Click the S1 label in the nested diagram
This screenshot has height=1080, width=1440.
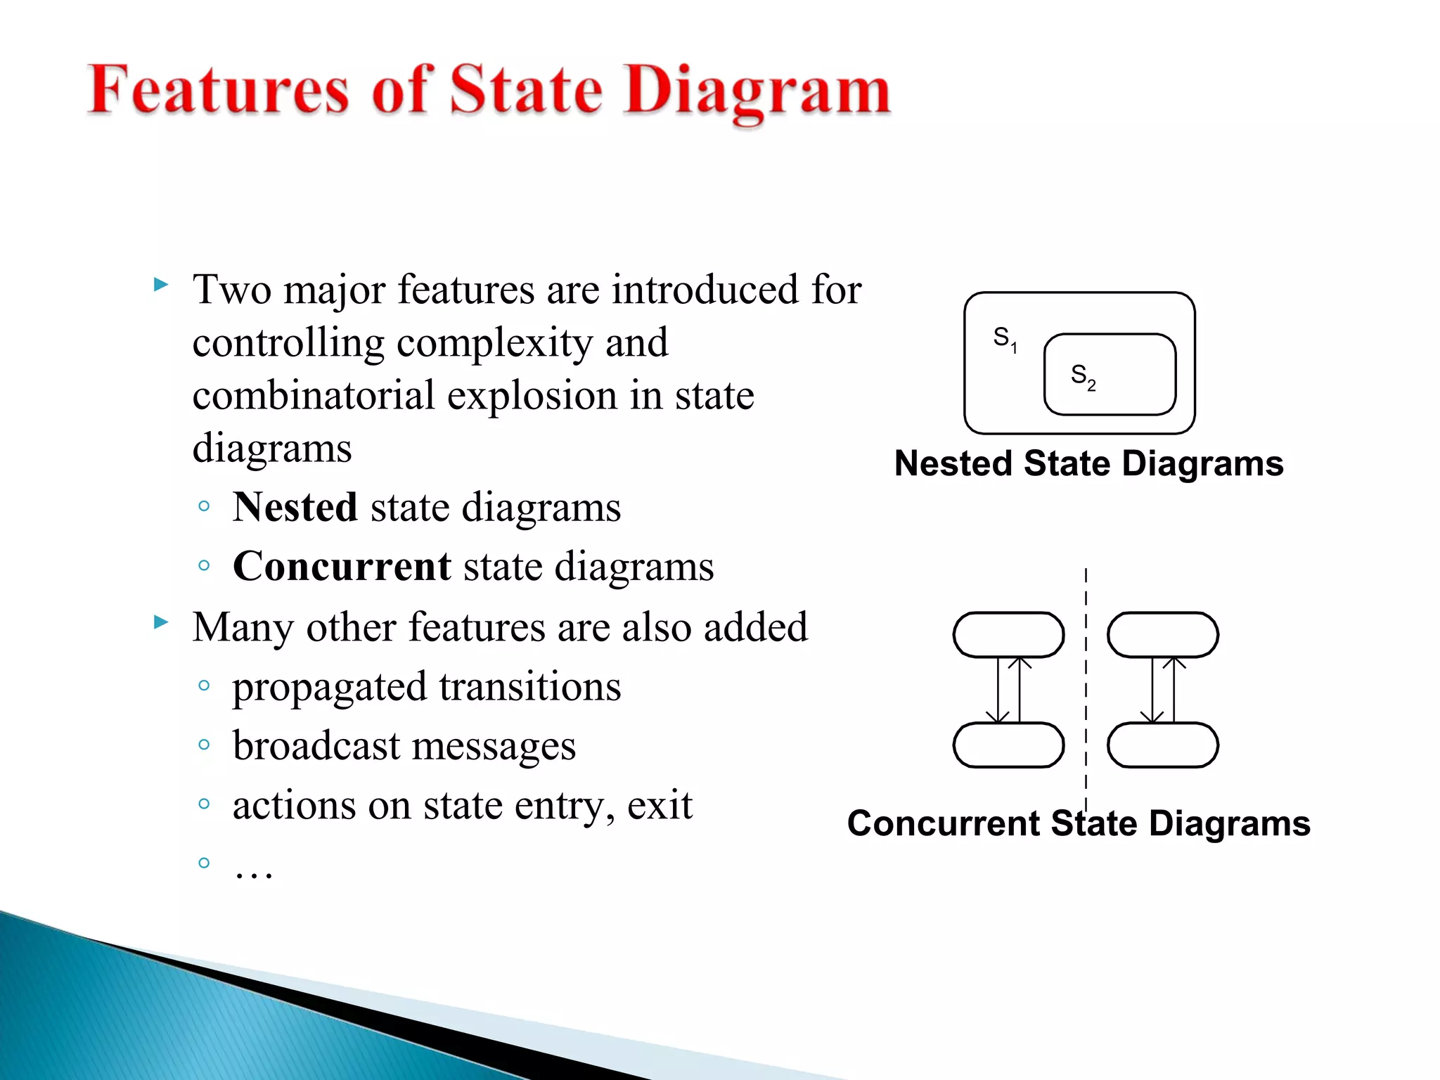pyautogui.click(x=1005, y=338)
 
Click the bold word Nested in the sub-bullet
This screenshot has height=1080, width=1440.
pyautogui.click(x=295, y=507)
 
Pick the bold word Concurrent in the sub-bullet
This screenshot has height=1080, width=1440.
pyautogui.click(x=342, y=566)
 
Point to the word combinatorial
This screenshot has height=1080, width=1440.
pyautogui.click(x=314, y=395)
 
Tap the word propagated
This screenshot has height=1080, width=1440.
pyautogui.click(x=329, y=687)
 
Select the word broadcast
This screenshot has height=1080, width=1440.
pyautogui.click(x=315, y=745)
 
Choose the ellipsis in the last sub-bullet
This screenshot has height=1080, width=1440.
pyautogui.click(x=253, y=872)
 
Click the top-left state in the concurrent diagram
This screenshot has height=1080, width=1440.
pyautogui.click(x=1008, y=635)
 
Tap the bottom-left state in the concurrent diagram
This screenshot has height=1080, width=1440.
pyautogui.click(x=1008, y=745)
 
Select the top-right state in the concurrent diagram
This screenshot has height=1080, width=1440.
pyautogui.click(x=1162, y=635)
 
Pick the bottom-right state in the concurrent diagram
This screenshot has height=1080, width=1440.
pyautogui.click(x=1162, y=745)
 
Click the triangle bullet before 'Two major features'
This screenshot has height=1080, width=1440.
pyautogui.click(x=161, y=285)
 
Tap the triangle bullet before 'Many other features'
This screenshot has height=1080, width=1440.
pyautogui.click(x=161, y=622)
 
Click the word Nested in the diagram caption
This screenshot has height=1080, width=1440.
pyautogui.click(x=953, y=464)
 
